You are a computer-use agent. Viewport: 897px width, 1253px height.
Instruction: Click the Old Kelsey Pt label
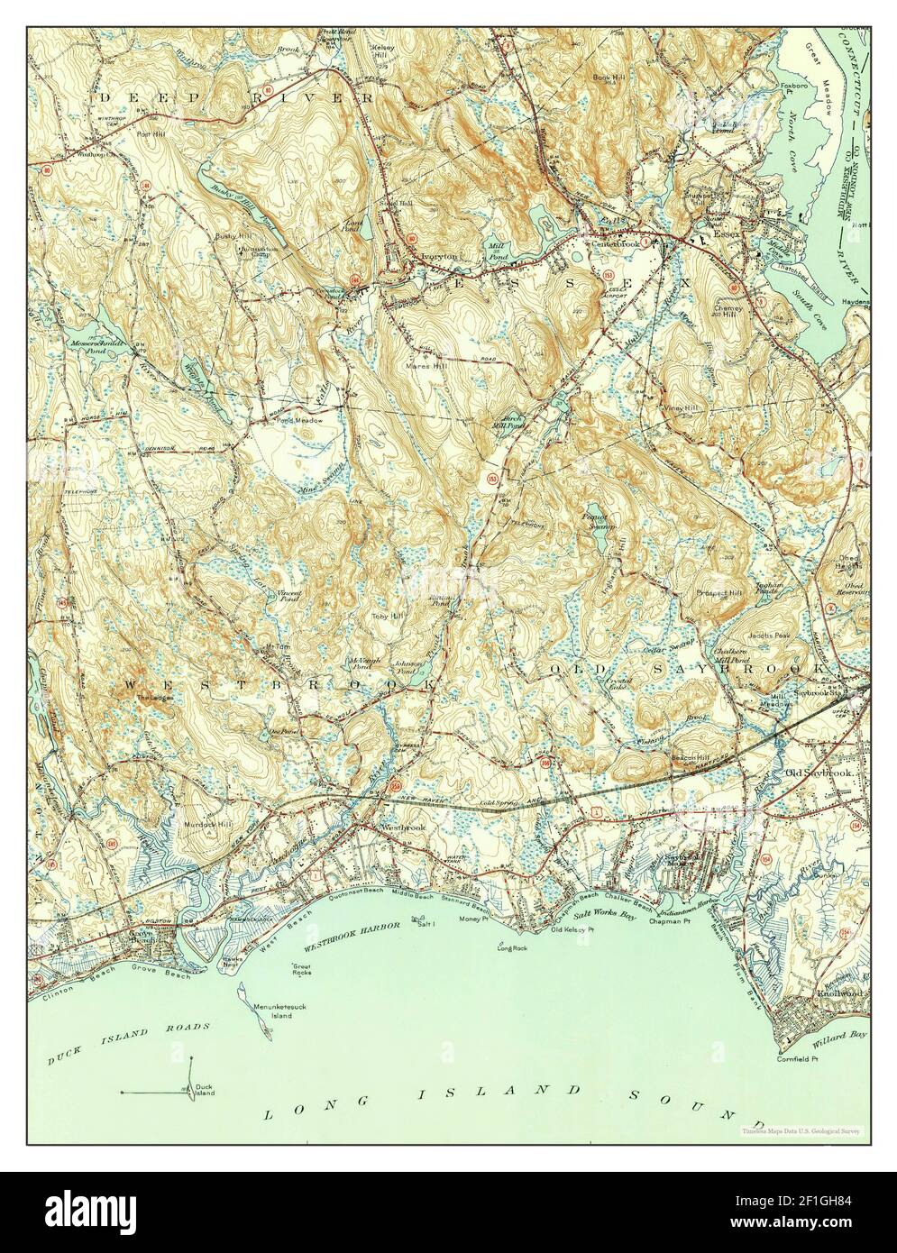[x=575, y=928]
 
